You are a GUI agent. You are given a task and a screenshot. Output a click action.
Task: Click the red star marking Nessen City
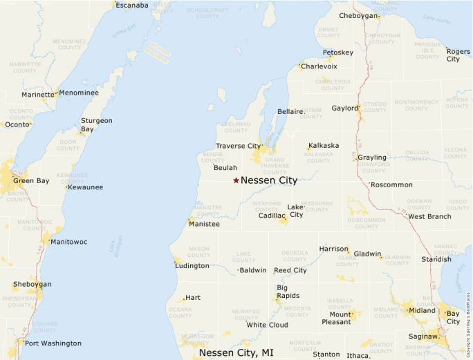pyautogui.click(x=236, y=180)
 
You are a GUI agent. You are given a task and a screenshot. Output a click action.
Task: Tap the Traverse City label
pyautogui.click(x=238, y=146)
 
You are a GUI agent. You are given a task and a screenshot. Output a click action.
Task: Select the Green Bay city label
pyautogui.click(x=31, y=181)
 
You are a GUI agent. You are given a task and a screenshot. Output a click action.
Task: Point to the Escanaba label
pyautogui.click(x=131, y=6)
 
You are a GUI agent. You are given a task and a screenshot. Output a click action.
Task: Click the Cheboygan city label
pyautogui.click(x=359, y=16)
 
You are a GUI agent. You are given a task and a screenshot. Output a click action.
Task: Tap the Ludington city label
pyautogui.click(x=192, y=265)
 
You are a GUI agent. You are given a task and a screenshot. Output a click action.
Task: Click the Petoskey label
pyautogui.click(x=338, y=53)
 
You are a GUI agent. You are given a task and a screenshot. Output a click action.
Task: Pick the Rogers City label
pyautogui.click(x=457, y=55)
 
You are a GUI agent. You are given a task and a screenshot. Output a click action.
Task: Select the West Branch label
pyautogui.click(x=429, y=216)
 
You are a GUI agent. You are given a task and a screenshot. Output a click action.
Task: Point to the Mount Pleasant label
pyautogui.click(x=335, y=318)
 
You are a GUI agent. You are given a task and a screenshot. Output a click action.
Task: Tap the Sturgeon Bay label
pyautogui.click(x=96, y=124)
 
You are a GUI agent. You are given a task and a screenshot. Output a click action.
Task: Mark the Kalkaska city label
pyautogui.click(x=324, y=146)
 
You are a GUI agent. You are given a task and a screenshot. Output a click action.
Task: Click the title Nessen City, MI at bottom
pyautogui.click(x=236, y=352)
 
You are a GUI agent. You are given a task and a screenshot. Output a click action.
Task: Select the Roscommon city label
pyautogui.click(x=391, y=184)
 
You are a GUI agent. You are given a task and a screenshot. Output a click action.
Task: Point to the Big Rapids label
pyautogui.click(x=288, y=292)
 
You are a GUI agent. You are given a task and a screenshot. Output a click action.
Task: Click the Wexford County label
pyautogui.click(x=266, y=206)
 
